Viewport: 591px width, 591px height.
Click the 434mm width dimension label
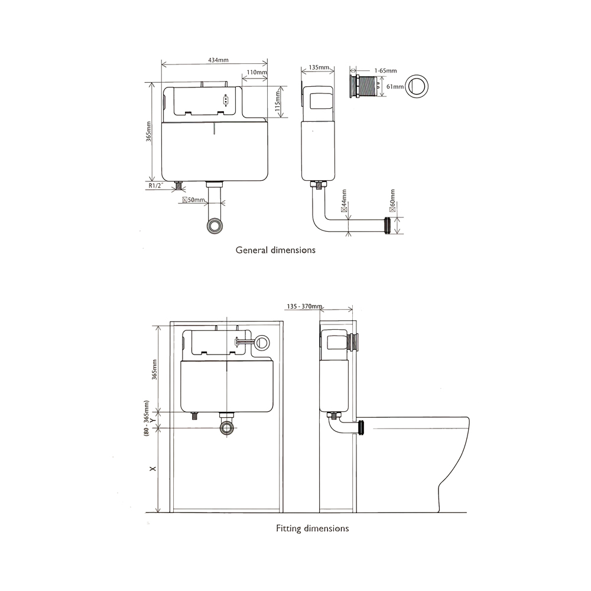coord(218,60)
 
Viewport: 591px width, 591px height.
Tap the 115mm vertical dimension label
coord(277,100)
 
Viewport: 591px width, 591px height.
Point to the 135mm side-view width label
coord(319,68)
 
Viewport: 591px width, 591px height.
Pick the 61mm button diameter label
coord(394,86)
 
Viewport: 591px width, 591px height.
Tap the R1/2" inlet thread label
coord(156,186)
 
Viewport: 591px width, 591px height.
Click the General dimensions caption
coord(275,250)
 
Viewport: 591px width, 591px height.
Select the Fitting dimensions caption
coord(312,528)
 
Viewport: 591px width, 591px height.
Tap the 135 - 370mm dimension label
coord(304,307)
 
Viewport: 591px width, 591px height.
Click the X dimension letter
coord(152,469)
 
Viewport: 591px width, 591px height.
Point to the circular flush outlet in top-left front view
coord(216,225)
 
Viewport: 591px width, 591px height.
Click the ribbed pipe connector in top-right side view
coord(389,225)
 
